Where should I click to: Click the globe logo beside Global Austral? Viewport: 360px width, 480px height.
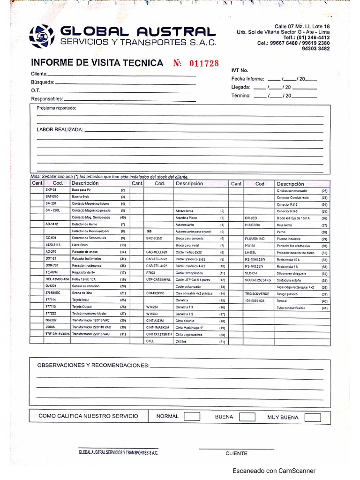point(42,36)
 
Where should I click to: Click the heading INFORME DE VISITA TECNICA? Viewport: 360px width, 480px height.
point(97,63)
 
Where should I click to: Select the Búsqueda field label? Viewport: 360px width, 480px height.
point(43,82)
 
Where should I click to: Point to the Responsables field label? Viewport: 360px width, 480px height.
point(47,99)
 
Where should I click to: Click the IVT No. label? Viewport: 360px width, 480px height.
point(240,70)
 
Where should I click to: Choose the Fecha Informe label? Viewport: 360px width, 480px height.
point(247,79)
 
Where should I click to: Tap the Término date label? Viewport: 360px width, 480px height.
point(241,96)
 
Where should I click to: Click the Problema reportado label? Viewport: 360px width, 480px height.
point(56,108)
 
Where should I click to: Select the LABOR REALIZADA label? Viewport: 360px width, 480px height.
point(60,129)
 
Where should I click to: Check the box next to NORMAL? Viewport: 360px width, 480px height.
point(192,417)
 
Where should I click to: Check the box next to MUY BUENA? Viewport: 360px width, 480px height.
point(313,417)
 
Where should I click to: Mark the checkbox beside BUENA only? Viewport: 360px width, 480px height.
point(247,417)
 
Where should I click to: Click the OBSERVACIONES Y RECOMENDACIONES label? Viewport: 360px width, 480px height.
point(93,365)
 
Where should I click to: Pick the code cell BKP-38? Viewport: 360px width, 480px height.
point(51,190)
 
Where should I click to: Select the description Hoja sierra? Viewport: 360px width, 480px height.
point(285,225)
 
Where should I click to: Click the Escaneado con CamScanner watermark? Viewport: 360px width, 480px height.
point(274,471)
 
